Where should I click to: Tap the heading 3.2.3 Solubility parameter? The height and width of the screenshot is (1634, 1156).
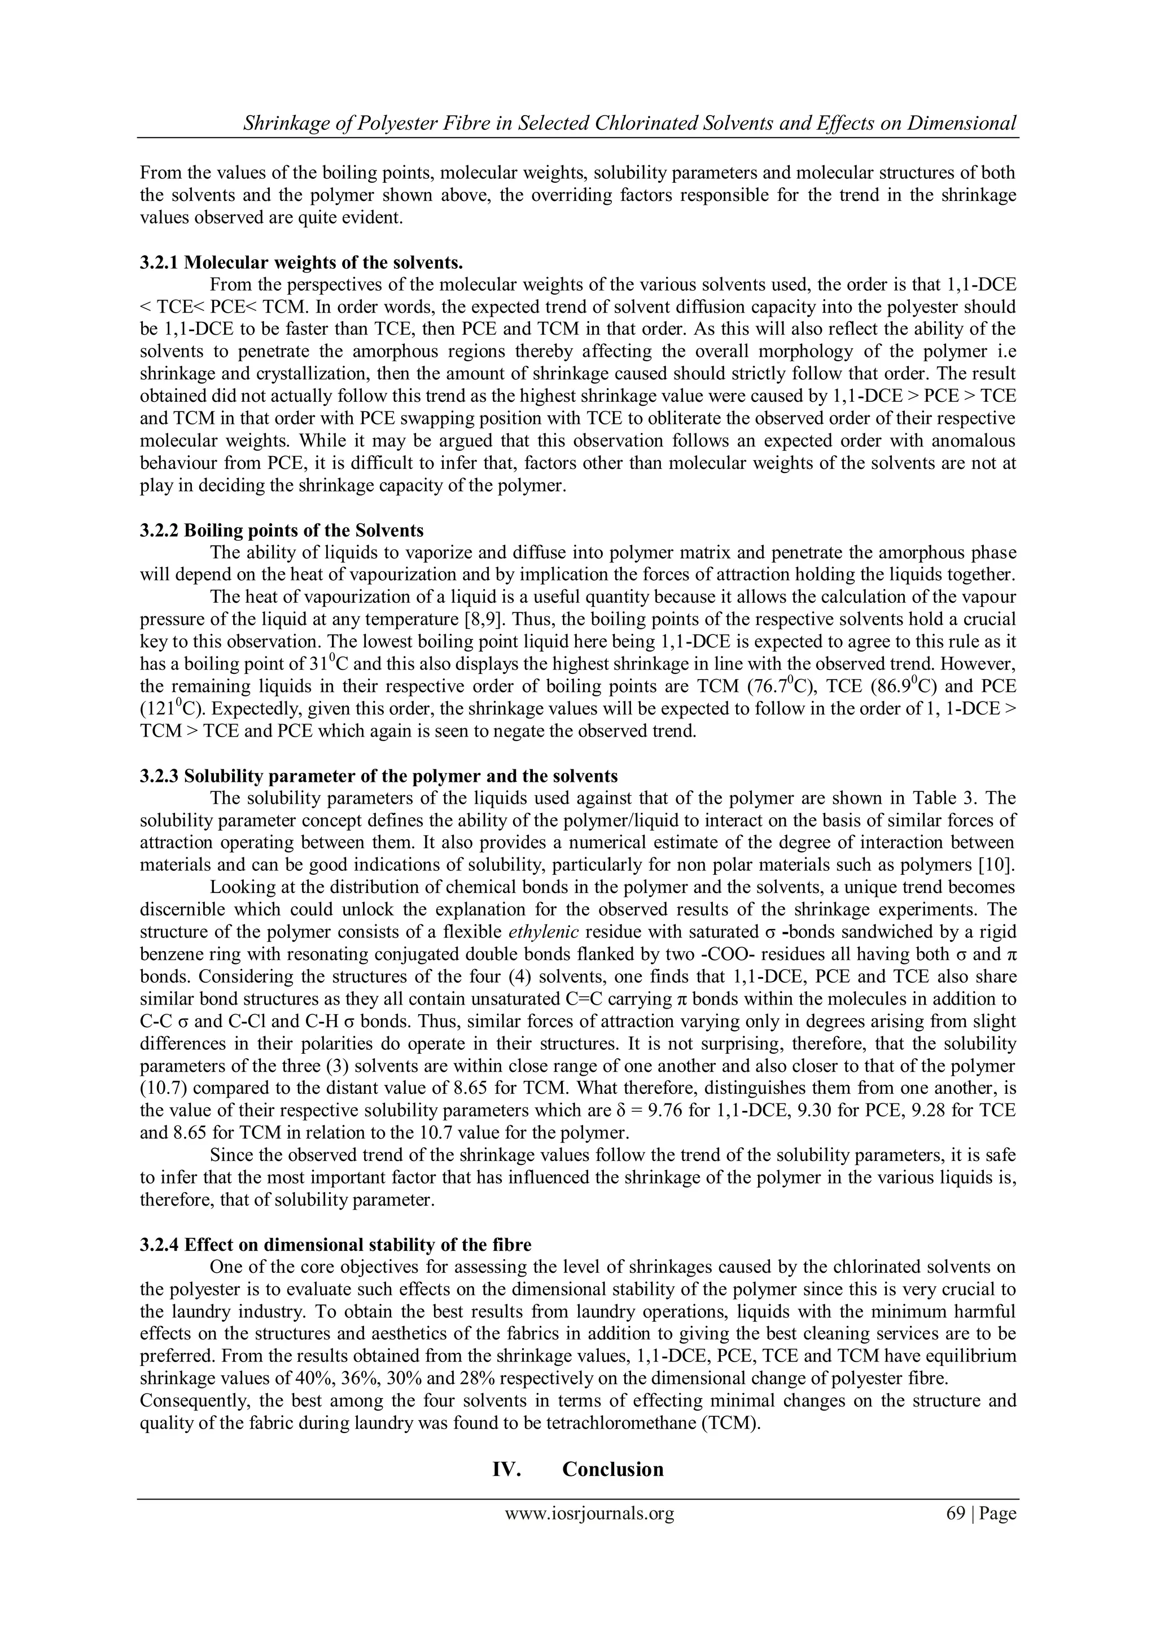[379, 775]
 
